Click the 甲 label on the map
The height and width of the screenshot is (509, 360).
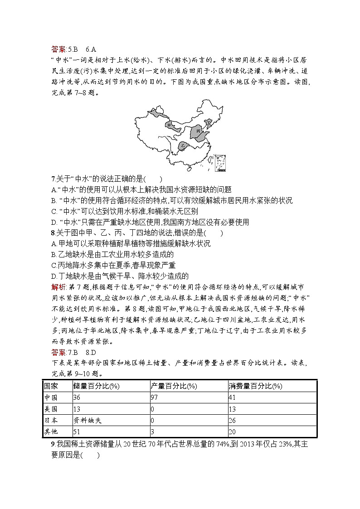[x=169, y=125]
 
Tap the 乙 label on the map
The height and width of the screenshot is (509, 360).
[x=183, y=145]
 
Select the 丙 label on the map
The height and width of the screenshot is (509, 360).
[x=198, y=131]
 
